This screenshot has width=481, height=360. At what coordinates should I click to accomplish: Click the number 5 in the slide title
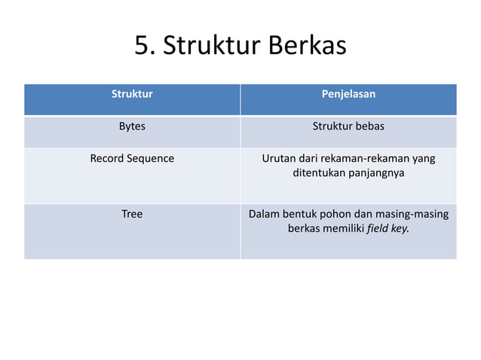pyautogui.click(x=142, y=47)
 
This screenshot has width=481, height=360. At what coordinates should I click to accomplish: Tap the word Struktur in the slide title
pyautogui.click(x=209, y=47)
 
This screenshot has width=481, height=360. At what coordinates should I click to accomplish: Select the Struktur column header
pyautogui.click(x=132, y=95)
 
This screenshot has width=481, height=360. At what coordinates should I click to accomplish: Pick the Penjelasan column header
pyautogui.click(x=348, y=95)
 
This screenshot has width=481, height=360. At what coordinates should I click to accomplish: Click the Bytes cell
pyautogui.click(x=132, y=126)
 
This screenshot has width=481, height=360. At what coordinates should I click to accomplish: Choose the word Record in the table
pyautogui.click(x=108, y=159)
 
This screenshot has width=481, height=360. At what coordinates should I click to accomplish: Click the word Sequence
pyautogui.click(x=152, y=159)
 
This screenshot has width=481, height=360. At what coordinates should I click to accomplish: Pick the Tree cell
pyautogui.click(x=132, y=215)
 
